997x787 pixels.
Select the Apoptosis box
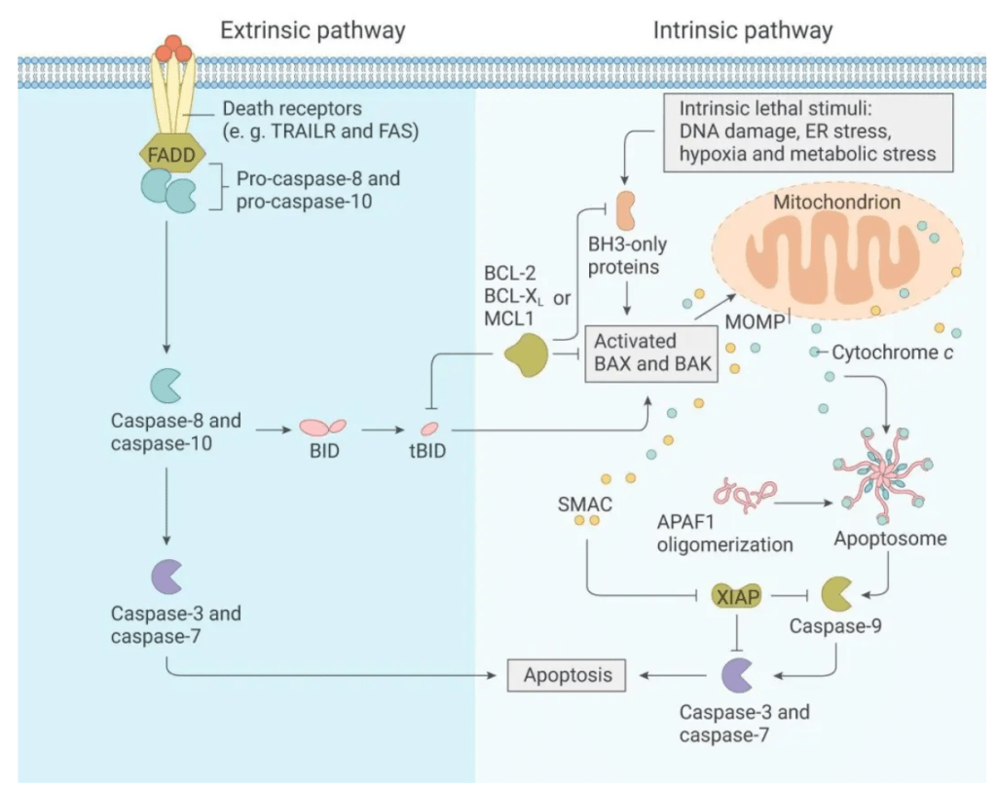568,674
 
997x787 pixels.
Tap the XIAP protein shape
737,595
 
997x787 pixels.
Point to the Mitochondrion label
836,204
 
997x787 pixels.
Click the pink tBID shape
429,428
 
